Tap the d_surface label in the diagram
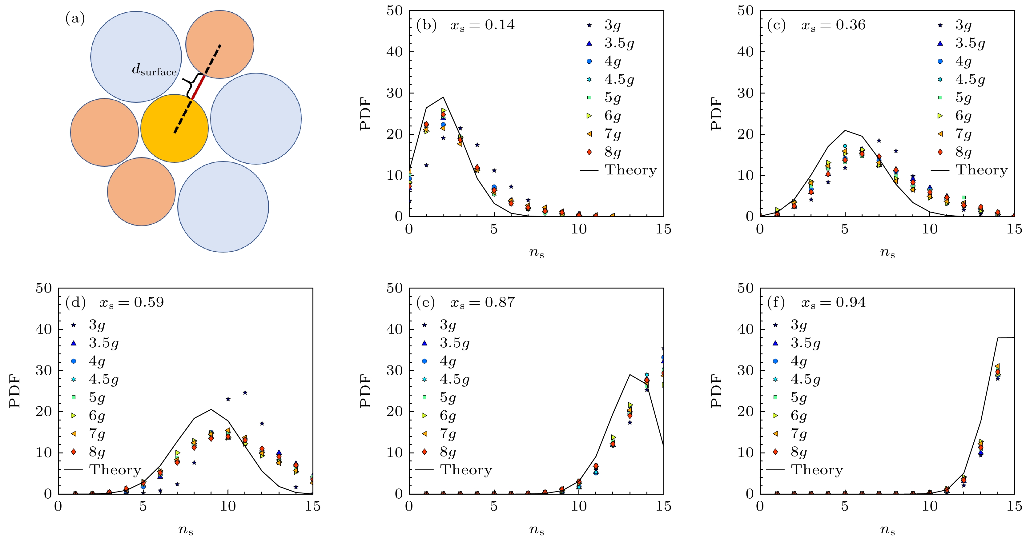(154, 70)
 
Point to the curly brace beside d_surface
(191, 85)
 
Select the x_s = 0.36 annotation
(833, 25)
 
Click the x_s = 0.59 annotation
(131, 302)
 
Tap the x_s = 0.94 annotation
(833, 302)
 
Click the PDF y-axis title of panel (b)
(365, 114)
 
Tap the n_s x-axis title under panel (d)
(186, 530)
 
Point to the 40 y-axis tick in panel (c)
(745, 52)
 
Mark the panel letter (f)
(776, 302)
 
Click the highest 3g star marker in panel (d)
(245, 393)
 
